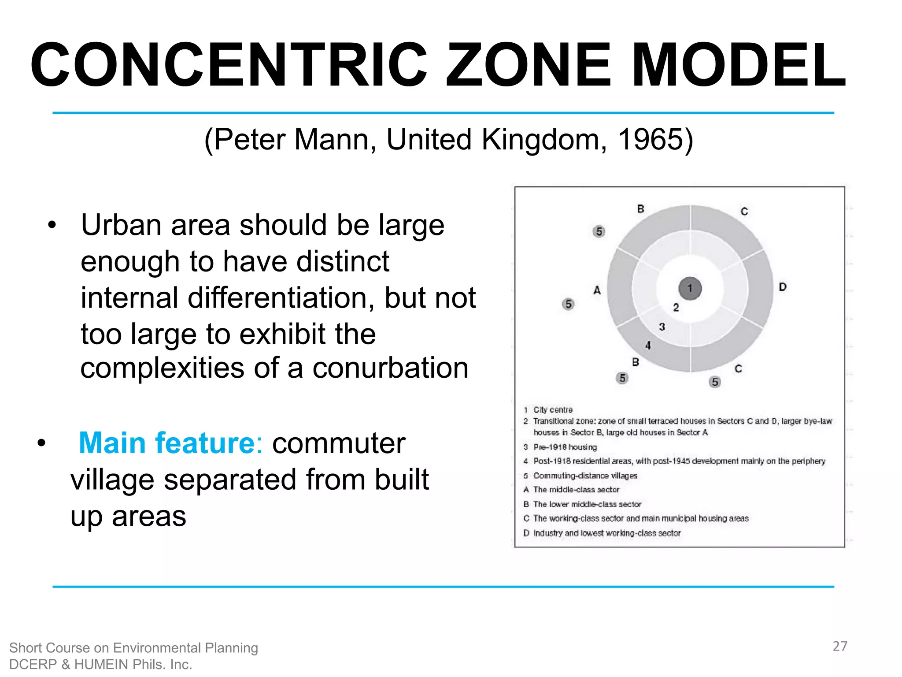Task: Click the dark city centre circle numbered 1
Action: tap(690, 289)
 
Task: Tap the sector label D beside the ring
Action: tap(782, 287)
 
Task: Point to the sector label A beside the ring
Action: tap(597, 290)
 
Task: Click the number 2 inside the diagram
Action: tap(676, 308)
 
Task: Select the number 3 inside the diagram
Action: tap(662, 327)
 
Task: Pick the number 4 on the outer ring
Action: tap(648, 346)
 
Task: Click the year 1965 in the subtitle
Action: tap(651, 140)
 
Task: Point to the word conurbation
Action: tap(390, 368)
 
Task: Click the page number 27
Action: tap(839, 646)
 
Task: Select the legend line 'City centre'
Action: tap(553, 410)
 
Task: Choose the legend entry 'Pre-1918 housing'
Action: tap(565, 447)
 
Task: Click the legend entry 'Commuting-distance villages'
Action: tap(585, 476)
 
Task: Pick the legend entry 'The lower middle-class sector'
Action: tap(587, 504)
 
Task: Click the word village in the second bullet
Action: tap(113, 480)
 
